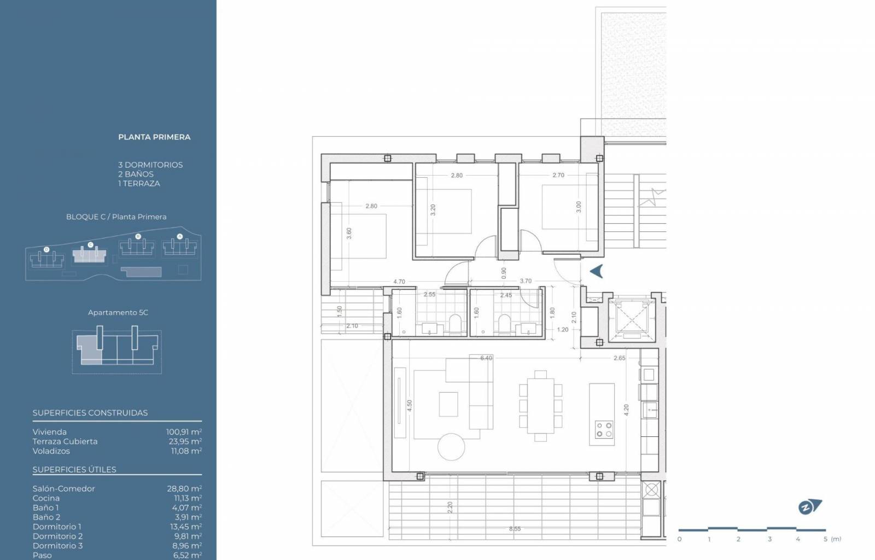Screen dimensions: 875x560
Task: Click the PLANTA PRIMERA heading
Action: pyautogui.click(x=154, y=137)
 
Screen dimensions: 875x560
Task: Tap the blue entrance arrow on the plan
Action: pyautogui.click(x=596, y=271)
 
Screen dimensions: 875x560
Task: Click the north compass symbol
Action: pyautogui.click(x=809, y=507)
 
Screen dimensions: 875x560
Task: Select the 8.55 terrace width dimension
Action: pyautogui.click(x=515, y=529)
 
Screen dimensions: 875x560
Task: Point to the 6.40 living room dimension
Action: pyautogui.click(x=486, y=358)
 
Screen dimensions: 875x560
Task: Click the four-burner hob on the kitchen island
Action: pyautogui.click(x=604, y=429)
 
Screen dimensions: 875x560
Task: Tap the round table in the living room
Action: pyautogui.click(x=451, y=447)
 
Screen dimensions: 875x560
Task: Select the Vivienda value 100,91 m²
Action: pyautogui.click(x=184, y=432)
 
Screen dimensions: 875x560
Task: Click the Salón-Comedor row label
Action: pyautogui.click(x=63, y=488)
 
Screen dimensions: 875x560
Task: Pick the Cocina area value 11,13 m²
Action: pyautogui.click(x=188, y=498)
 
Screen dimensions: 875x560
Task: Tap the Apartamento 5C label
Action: pyautogui.click(x=118, y=312)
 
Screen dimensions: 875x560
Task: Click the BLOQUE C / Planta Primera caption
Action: pyautogui.click(x=116, y=217)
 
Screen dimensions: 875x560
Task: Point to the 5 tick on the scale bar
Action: pyautogui.click(x=825, y=539)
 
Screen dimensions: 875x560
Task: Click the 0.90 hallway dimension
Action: pyautogui.click(x=504, y=273)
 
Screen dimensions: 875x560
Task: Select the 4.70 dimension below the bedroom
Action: pyautogui.click(x=399, y=281)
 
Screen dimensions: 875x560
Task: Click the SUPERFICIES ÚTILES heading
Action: pyautogui.click(x=74, y=469)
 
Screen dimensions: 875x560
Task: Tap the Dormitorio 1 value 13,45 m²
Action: pyautogui.click(x=186, y=527)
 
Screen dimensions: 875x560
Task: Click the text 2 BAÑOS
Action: pyautogui.click(x=136, y=174)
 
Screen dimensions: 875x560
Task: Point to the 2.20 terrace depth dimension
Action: pyautogui.click(x=450, y=507)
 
